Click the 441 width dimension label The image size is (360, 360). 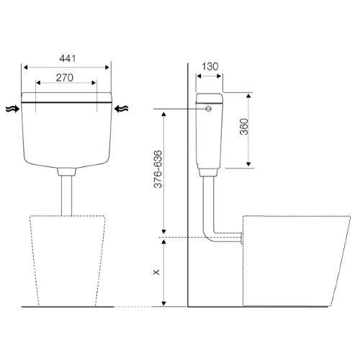68,58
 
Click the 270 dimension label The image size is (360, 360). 65,78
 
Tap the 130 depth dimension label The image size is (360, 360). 210,66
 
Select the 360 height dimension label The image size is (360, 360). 244,127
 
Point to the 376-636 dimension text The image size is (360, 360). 158,169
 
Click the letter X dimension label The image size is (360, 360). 156,272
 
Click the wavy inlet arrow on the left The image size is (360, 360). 12,109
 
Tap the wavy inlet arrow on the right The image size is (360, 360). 121,109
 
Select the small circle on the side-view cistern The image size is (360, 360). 209,109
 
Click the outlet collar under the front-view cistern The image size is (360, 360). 66,171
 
